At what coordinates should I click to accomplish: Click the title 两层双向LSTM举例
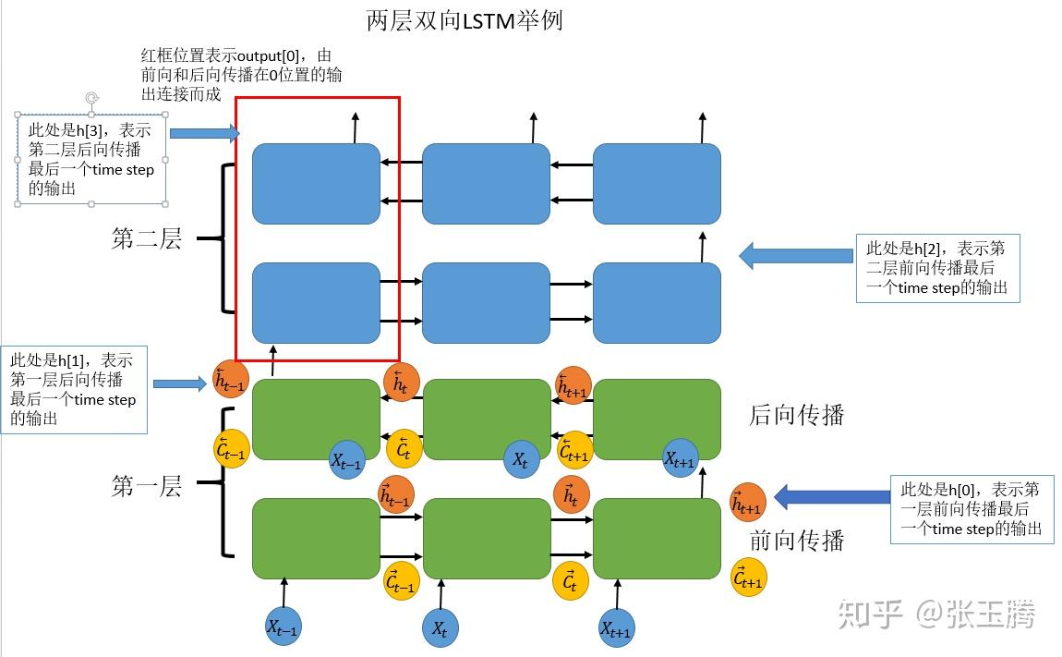click(465, 19)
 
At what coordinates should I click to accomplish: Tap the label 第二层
click(147, 239)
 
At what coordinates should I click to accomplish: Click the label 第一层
click(147, 486)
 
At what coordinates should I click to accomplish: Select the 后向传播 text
click(796, 415)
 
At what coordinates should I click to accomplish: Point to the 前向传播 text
click(796, 540)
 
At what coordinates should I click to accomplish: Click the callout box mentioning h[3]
click(91, 159)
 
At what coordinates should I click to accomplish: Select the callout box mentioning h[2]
click(937, 268)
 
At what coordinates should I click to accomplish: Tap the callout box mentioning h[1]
click(74, 390)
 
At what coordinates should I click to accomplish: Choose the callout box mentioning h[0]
click(971, 509)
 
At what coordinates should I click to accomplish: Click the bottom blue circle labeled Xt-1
click(284, 627)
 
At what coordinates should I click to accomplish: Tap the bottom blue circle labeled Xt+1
click(616, 628)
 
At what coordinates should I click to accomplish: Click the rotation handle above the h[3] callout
click(91, 98)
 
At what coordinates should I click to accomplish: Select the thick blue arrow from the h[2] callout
click(796, 256)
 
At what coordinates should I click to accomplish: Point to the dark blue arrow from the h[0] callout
click(831, 497)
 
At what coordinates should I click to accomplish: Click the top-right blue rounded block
click(656, 184)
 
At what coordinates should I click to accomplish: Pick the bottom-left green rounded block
click(316, 539)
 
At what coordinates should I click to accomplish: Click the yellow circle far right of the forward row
click(748, 578)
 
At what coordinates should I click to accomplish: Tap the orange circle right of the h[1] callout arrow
click(230, 378)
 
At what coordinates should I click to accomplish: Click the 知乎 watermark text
click(869, 614)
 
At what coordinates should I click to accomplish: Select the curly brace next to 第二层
click(219, 238)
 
